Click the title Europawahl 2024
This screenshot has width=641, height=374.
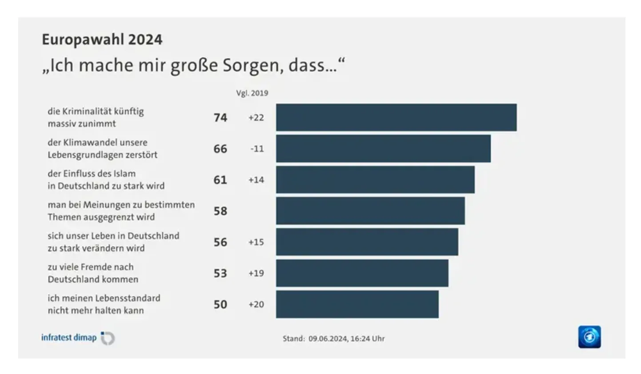pos(102,40)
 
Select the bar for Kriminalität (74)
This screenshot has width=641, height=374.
pos(396,118)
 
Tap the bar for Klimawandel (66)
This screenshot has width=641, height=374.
pos(383,149)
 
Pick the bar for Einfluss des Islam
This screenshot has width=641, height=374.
pos(375,180)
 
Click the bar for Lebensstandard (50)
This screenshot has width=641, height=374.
pos(357,304)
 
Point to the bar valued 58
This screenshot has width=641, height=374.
pos(370,211)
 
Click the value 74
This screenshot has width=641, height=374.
pos(220,118)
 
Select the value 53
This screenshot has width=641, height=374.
pos(220,273)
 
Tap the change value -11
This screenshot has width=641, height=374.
pos(257,149)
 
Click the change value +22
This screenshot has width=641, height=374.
pos(256,118)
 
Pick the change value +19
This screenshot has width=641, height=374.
pos(256,273)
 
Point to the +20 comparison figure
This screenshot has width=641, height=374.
pos(256,304)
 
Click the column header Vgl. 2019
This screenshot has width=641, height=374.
pos(252,93)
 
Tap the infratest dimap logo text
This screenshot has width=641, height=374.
pos(69,338)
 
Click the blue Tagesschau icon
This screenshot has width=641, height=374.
pos(589,337)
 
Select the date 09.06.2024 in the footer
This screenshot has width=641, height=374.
pos(328,338)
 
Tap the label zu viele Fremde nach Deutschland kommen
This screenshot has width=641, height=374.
pos(93,273)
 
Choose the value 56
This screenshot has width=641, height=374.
pos(220,242)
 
